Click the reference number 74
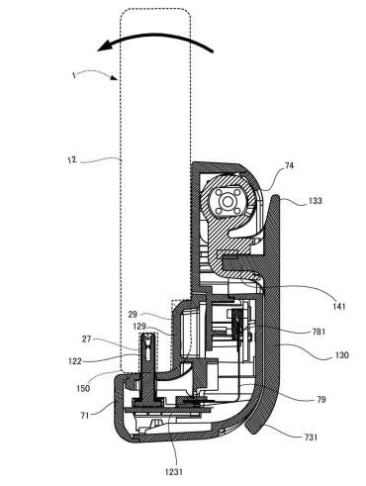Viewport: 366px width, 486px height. [289, 165]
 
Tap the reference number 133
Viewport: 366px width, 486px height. [315, 200]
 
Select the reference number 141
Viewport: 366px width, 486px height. [338, 306]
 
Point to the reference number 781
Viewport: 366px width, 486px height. [319, 332]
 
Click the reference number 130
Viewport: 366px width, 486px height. [341, 355]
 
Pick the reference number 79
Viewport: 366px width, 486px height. [320, 400]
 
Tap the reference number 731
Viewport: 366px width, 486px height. [311, 437]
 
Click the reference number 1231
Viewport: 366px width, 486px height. [174, 472]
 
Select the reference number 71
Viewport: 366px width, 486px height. [85, 416]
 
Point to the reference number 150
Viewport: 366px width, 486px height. [83, 388]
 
